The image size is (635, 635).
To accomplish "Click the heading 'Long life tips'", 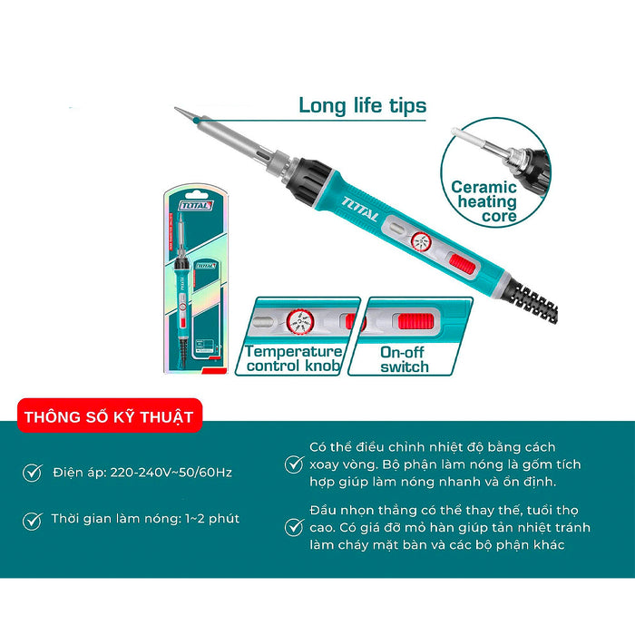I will click(x=362, y=106).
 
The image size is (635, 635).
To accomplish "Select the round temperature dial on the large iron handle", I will click(x=421, y=242).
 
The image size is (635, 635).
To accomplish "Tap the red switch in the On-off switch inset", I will click(x=416, y=323).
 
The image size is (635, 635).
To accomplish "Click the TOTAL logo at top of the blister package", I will click(x=195, y=206).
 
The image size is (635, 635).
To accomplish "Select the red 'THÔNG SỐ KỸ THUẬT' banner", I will click(x=108, y=417).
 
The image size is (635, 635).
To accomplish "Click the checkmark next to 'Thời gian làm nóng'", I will click(x=33, y=521).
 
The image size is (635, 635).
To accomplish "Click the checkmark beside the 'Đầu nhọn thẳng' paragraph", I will click(x=293, y=527).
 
